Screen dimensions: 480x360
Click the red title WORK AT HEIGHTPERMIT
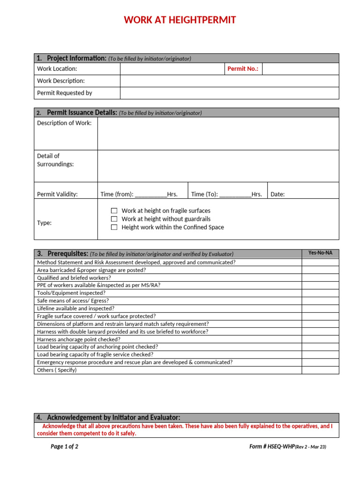point(180,20)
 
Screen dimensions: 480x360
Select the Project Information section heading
point(77,58)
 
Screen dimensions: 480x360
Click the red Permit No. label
point(242,69)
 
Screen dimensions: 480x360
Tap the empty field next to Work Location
point(172,69)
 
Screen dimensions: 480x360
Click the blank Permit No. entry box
point(300,69)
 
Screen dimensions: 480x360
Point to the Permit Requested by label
point(65,93)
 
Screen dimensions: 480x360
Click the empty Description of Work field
point(218,134)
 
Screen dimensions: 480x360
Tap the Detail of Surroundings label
point(55,160)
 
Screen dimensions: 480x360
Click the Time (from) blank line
point(150,195)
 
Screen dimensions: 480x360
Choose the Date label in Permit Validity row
point(277,195)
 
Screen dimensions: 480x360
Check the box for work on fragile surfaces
point(114,211)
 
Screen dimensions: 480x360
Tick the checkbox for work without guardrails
point(114,219)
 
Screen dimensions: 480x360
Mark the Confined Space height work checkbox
point(114,227)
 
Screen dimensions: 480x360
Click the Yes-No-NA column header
point(320,253)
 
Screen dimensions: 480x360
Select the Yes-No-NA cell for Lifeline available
point(320,308)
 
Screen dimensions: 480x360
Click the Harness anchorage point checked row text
point(79,339)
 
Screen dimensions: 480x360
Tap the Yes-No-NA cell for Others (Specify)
point(320,370)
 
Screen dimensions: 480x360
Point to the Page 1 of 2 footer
point(64,447)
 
